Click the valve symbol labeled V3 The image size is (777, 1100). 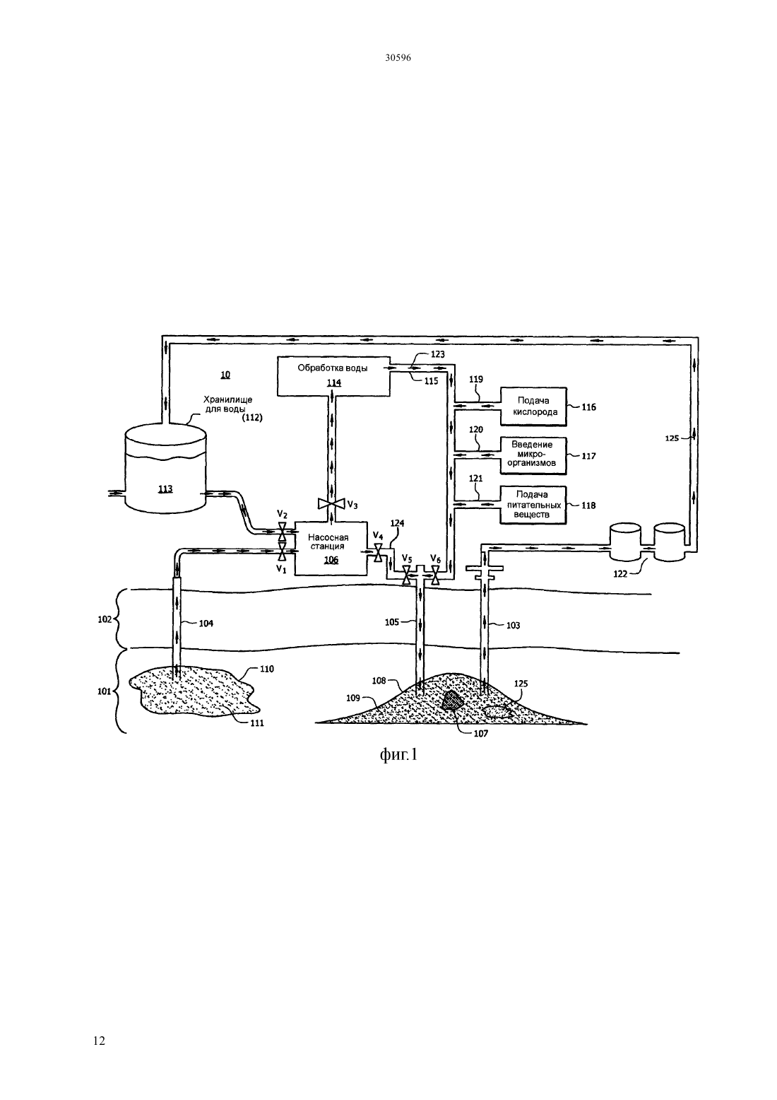[x=331, y=503]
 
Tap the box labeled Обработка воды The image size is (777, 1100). [x=333, y=376]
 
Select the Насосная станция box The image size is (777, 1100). [x=331, y=548]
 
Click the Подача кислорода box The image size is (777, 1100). [x=533, y=406]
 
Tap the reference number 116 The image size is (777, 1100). [x=589, y=407]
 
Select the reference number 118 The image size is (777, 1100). [x=589, y=505]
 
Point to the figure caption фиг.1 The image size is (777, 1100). [x=398, y=755]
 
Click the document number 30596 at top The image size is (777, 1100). [x=398, y=58]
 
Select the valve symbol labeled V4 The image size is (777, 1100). [x=378, y=553]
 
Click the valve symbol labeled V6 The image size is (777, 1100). [x=435, y=575]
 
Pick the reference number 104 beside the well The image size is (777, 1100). [x=206, y=624]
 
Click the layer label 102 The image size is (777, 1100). [x=105, y=620]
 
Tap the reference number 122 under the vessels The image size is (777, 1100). [x=620, y=574]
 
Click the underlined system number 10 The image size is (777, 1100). [x=225, y=375]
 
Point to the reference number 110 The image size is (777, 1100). [x=267, y=669]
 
